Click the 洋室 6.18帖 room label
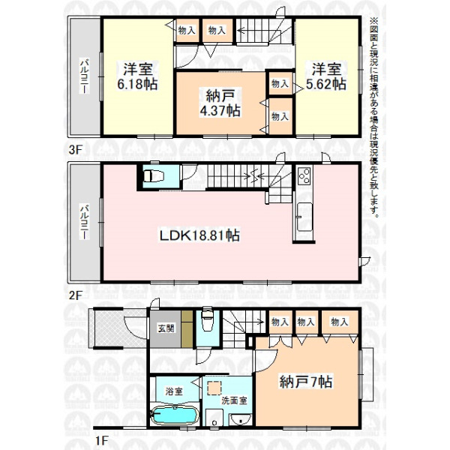pos(137,76)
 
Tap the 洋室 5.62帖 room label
pos(326,76)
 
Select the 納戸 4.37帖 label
pos(220,103)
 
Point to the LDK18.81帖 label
pos(199,235)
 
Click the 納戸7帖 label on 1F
pos(306,382)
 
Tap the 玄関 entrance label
pos(166,328)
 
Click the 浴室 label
pos(174,391)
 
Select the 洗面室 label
pos(234,400)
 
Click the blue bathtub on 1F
pos(175,415)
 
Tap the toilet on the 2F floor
pos(153,176)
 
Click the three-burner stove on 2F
pos(304,175)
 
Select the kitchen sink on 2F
pos(304,217)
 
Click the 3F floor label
pos(76,149)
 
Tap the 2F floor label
pos(76,295)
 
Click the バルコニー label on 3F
pos(84,76)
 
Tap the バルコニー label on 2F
pos(84,222)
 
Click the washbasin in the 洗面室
pos(241,419)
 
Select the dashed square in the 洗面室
pos(214,388)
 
